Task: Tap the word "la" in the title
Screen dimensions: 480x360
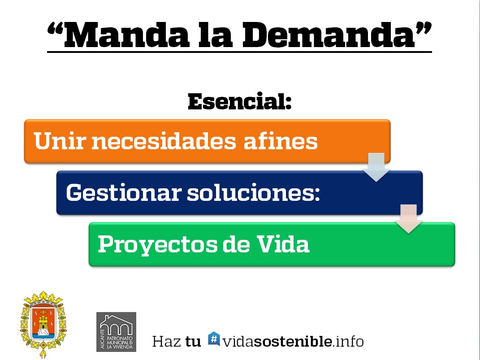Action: coord(215,35)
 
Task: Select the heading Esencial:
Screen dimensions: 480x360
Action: coord(239,101)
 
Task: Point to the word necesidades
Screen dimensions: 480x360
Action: coord(164,141)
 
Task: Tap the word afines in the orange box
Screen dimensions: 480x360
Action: coord(281,141)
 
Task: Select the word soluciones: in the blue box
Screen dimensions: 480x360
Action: coord(254,192)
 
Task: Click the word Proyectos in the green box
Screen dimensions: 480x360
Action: coord(157,245)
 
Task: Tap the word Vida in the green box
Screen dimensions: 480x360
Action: coord(283,244)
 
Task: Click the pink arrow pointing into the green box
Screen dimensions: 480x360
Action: coord(408,219)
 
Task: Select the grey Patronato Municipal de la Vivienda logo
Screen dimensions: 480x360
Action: coord(117,332)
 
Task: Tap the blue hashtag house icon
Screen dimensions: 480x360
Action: coord(214,338)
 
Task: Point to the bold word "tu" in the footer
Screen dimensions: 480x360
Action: coord(193,342)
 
